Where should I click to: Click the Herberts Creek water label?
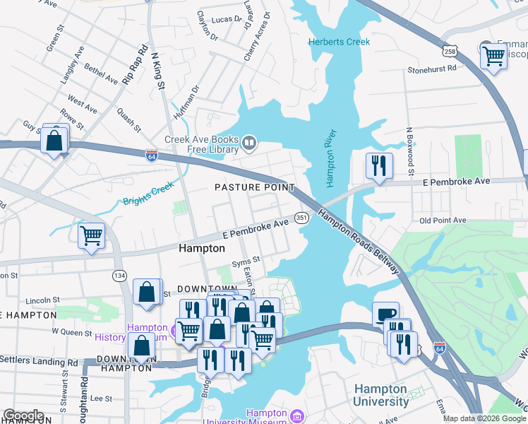pyautogui.click(x=339, y=42)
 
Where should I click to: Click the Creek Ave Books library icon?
pyautogui.click(x=248, y=144)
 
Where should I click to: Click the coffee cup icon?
pyautogui.click(x=385, y=314)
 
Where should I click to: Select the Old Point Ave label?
pyautogui.click(x=443, y=220)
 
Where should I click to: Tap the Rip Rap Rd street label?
pyautogui.click(x=136, y=65)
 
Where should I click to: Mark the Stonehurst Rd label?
pyautogui.click(x=433, y=69)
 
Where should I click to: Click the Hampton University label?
pyautogui.click(x=380, y=395)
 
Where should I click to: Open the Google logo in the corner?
pyautogui.click(x=23, y=416)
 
